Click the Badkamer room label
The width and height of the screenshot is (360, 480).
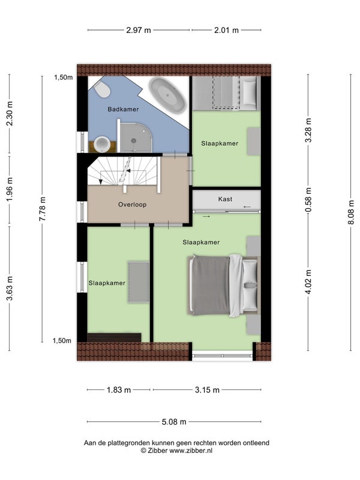tap(123, 109)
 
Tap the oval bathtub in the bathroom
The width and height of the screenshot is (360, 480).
tap(167, 95)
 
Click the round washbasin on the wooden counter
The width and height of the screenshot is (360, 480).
tap(102, 144)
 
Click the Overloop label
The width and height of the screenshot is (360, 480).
tap(132, 205)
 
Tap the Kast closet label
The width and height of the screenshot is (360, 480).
tap(226, 199)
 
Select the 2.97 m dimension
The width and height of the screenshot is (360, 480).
tap(139, 31)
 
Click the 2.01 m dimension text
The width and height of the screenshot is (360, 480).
tap(226, 31)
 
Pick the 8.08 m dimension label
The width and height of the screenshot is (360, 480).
tap(351, 212)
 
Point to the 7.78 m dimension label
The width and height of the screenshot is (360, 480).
tap(42, 209)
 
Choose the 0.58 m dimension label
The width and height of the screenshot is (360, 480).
tap(308, 200)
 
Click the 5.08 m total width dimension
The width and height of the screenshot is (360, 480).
tap(174, 422)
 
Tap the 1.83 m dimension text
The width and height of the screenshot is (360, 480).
tap(119, 390)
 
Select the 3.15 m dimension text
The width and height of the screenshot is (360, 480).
tap(207, 390)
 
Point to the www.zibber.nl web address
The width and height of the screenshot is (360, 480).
tap(191, 451)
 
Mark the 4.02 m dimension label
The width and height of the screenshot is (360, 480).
tap(308, 281)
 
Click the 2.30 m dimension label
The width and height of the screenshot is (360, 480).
tap(10, 113)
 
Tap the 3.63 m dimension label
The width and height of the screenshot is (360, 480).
tap(10, 289)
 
